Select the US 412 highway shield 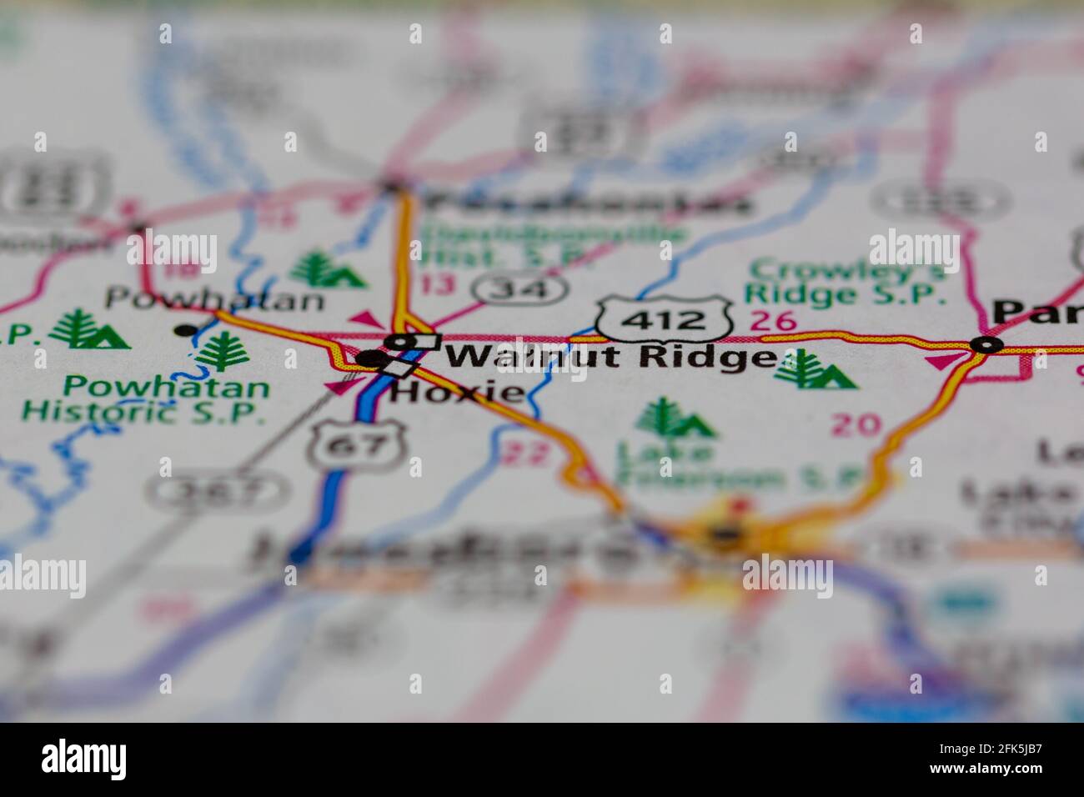tap(665, 318)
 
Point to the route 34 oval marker tap(520, 289)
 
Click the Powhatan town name tap(214, 298)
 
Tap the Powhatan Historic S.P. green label tap(145, 398)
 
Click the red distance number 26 tap(773, 320)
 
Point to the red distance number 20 tap(856, 425)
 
